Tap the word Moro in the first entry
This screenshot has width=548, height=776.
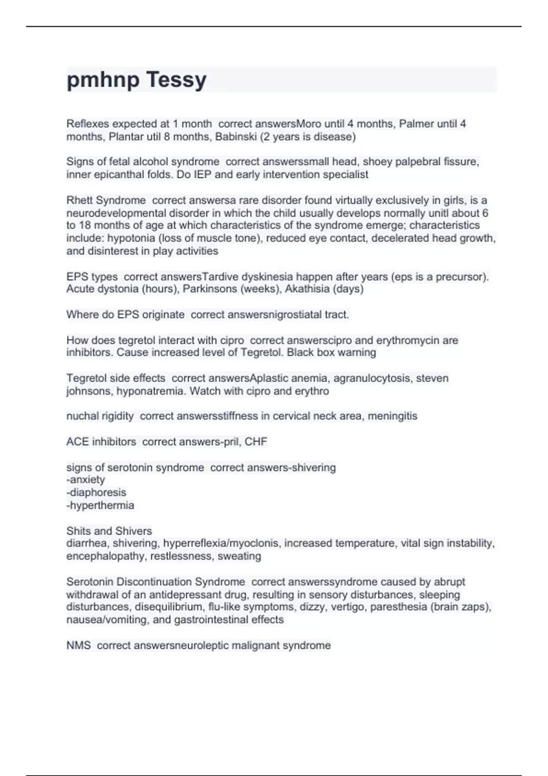[x=309, y=124]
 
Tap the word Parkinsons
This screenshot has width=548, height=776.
[x=203, y=288]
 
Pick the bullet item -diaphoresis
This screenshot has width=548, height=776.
[x=96, y=492]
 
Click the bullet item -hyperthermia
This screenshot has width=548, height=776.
[x=100, y=505]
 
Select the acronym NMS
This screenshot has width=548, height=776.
[x=79, y=645]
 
